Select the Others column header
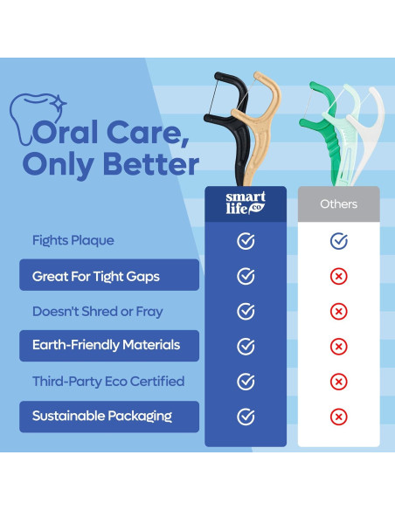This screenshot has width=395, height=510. [339, 204]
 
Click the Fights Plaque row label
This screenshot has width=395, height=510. [73, 240]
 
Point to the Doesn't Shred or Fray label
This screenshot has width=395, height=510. [98, 311]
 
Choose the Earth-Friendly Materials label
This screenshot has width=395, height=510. [106, 346]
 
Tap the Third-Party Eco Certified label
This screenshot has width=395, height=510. [108, 382]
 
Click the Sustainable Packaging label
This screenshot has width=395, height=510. [102, 417]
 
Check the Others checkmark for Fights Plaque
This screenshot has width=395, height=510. [339, 241]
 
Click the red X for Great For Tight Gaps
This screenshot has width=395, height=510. [339, 276]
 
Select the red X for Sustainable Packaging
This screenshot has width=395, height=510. [339, 417]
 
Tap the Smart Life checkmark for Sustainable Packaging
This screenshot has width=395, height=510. [246, 417]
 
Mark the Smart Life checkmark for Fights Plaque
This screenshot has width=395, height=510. [246, 241]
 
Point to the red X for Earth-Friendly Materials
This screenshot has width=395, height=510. [339, 347]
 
